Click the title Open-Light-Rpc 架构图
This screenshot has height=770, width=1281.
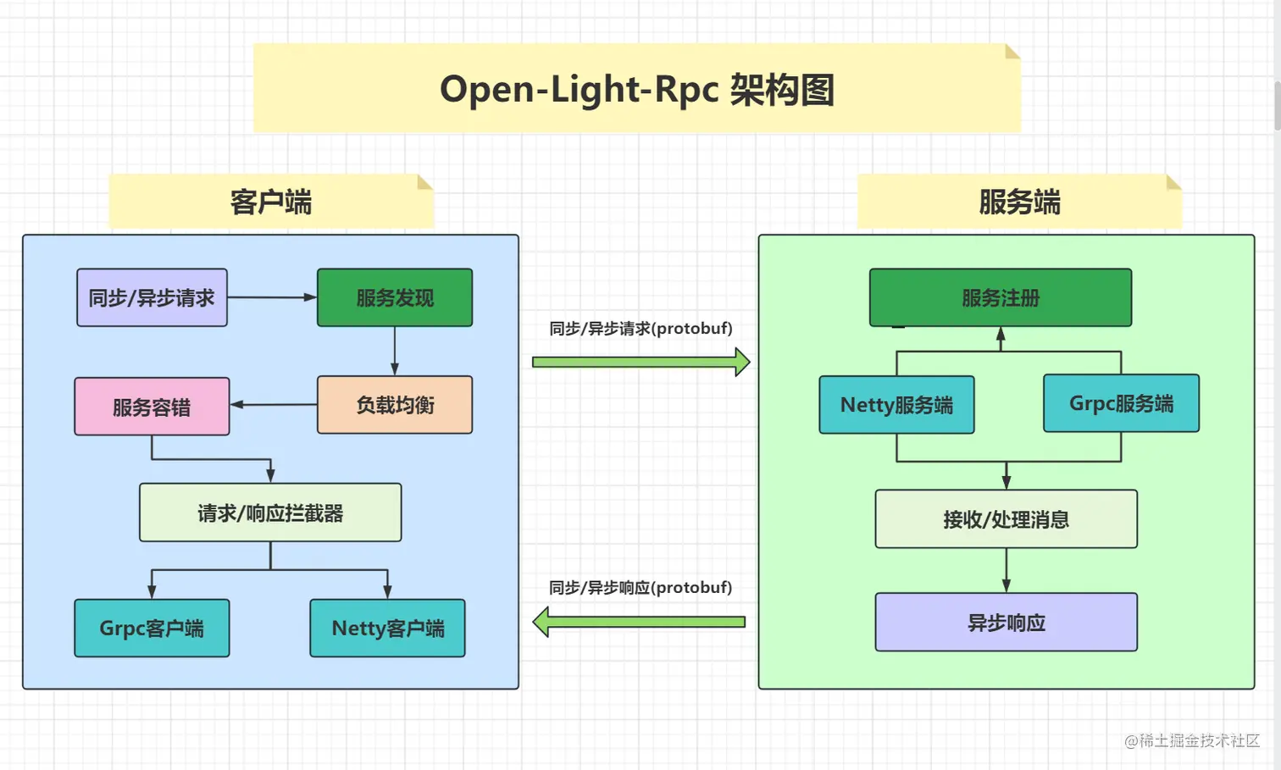tap(637, 89)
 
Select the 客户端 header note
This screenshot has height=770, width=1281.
tap(271, 202)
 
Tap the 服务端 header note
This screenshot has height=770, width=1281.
tap(1019, 202)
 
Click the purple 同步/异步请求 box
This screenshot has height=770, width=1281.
tap(152, 297)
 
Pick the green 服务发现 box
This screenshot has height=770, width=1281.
tap(395, 297)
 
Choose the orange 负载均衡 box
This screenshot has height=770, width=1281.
tap(395, 405)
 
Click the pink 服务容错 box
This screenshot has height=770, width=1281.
tap(152, 407)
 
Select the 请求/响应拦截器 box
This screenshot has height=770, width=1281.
tap(270, 512)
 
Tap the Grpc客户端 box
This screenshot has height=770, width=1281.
tap(152, 628)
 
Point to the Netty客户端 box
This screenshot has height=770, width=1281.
tap(387, 628)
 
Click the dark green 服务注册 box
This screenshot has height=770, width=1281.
tap(1001, 297)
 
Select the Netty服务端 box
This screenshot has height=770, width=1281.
tap(896, 405)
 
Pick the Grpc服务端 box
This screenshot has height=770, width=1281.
tap(1121, 403)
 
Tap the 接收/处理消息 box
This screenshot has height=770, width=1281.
tap(1006, 518)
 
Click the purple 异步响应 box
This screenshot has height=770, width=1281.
tap(1006, 622)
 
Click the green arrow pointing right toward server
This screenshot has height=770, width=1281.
tap(640, 362)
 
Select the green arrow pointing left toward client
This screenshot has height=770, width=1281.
tap(639, 622)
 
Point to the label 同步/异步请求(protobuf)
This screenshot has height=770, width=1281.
tap(640, 328)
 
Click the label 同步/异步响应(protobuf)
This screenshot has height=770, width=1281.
tap(640, 587)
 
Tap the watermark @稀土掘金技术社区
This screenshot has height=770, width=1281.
tap(1192, 740)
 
